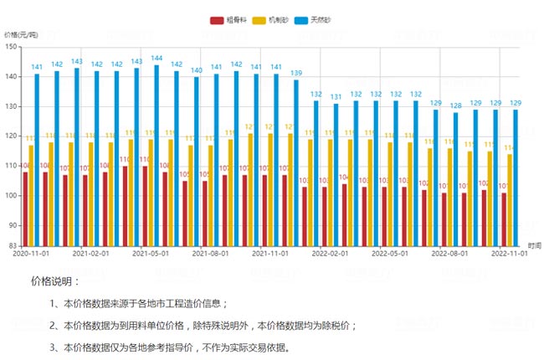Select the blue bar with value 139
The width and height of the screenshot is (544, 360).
coord(296,163)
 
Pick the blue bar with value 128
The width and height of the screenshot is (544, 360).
coord(456,178)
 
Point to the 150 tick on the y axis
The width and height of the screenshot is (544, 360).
coord(11,47)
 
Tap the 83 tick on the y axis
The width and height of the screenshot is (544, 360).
coord(13,244)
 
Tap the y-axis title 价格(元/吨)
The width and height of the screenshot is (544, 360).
coord(21,35)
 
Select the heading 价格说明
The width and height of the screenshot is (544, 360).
coord(55,281)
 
